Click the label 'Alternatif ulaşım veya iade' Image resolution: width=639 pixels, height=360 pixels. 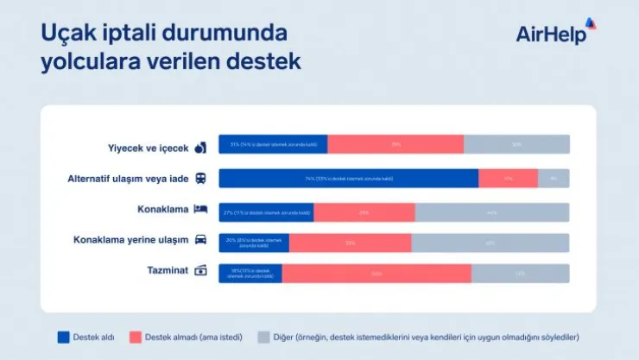[127, 179]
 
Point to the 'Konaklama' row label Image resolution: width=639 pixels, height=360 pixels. [162, 210]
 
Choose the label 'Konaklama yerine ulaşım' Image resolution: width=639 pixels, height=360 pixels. [131, 240]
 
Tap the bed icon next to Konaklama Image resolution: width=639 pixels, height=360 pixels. [200, 210]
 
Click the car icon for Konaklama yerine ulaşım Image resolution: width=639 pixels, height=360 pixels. [200, 241]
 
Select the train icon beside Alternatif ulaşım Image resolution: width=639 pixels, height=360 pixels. [200, 179]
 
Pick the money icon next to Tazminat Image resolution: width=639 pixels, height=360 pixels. [200, 271]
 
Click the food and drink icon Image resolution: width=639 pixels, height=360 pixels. [200, 147]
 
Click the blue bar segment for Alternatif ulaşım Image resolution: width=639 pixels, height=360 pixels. [348, 179]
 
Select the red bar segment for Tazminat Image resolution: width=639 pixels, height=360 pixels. [376, 274]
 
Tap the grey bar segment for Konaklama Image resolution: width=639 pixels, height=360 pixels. [491, 212]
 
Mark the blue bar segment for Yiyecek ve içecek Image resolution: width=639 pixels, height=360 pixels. [272, 144]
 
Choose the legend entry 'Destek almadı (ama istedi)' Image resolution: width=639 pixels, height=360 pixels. [186, 337]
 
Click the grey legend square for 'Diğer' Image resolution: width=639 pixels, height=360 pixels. [264, 337]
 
